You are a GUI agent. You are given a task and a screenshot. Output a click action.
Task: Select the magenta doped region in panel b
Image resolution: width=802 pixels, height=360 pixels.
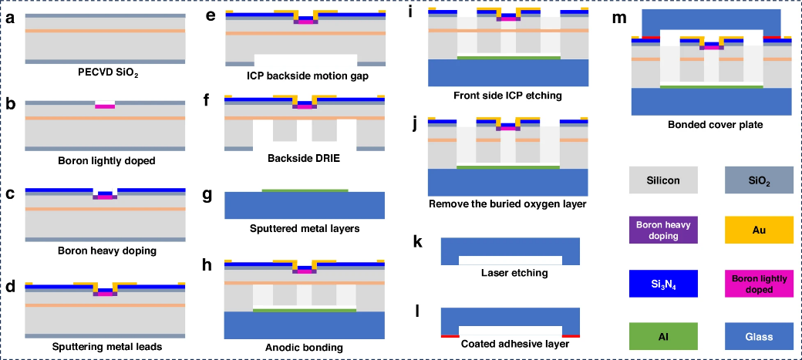tap(105, 106)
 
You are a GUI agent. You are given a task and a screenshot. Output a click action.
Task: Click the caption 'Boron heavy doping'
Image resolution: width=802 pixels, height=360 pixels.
tap(105, 251)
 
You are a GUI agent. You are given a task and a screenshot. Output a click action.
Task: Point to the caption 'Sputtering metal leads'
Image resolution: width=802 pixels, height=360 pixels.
tap(104, 346)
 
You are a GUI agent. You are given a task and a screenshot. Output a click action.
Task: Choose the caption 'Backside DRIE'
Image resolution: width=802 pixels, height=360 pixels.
tap(305, 160)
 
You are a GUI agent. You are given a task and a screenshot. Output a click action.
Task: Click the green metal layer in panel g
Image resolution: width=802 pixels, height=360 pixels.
tap(305, 190)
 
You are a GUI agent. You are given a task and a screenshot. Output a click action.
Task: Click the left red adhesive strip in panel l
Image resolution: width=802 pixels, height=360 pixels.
tap(450, 336)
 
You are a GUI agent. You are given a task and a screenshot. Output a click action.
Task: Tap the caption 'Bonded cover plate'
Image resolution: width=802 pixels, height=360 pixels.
tap(708, 124)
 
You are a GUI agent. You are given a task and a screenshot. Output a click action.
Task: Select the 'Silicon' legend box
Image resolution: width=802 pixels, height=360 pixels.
tap(663, 180)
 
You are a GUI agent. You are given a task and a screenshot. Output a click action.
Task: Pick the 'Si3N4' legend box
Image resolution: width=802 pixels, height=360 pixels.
tap(663, 284)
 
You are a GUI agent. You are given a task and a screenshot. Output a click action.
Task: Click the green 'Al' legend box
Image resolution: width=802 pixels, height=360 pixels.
tap(663, 337)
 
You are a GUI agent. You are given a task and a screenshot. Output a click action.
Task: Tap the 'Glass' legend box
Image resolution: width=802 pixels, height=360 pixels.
tap(759, 337)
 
